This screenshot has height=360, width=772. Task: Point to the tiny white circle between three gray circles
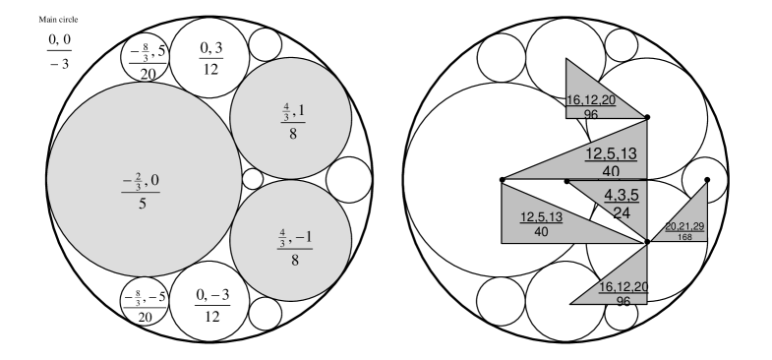click(253, 179)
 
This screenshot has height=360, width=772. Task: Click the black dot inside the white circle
click(707, 180)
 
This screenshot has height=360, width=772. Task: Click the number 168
click(684, 236)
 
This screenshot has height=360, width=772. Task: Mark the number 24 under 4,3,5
click(622, 211)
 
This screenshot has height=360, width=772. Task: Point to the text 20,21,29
click(684, 226)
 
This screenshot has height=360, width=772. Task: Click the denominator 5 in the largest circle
click(144, 205)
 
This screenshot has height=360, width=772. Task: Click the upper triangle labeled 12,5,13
click(600, 157)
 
